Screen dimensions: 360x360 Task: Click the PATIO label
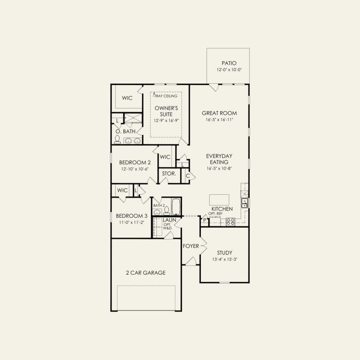click(229, 63)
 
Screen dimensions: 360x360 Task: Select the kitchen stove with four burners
click(230, 222)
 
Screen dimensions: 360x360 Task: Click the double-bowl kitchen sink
click(244, 203)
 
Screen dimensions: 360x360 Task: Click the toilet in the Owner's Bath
click(117, 139)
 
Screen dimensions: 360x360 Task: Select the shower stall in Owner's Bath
click(133, 118)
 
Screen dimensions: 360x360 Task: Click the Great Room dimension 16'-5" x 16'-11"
click(219, 120)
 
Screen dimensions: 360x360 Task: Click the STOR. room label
click(169, 174)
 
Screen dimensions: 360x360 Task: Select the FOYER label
click(191, 246)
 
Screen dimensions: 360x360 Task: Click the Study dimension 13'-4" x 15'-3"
click(225, 260)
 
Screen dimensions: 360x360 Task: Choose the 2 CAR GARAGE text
click(146, 272)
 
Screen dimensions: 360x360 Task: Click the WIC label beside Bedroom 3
click(122, 190)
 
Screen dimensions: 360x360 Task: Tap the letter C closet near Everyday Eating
click(188, 175)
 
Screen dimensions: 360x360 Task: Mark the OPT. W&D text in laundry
click(167, 226)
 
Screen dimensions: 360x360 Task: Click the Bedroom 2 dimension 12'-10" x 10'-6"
click(135, 169)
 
